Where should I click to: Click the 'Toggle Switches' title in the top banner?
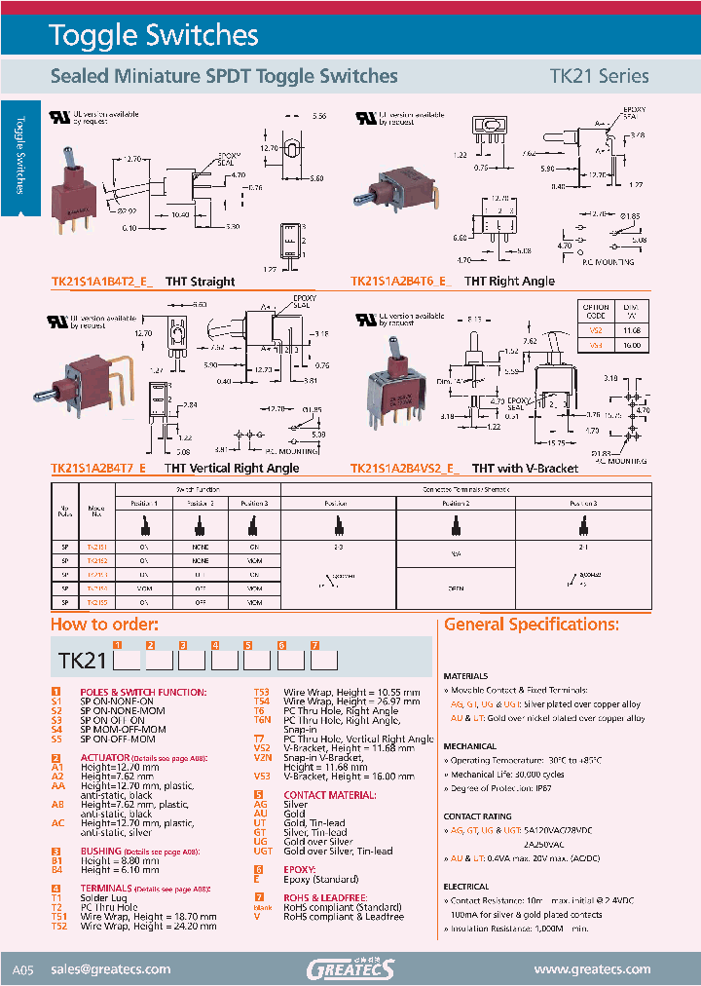[x=154, y=36]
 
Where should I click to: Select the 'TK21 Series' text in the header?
[x=600, y=76]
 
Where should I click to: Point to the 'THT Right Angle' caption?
[x=509, y=282]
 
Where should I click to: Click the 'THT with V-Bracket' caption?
[x=525, y=469]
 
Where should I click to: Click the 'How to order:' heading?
[x=103, y=625]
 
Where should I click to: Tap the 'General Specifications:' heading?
[x=531, y=625]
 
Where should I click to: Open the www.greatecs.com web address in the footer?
[x=592, y=969]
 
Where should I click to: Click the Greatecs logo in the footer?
[x=350, y=968]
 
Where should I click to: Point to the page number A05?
[x=23, y=970]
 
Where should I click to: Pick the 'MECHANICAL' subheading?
[x=470, y=746]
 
